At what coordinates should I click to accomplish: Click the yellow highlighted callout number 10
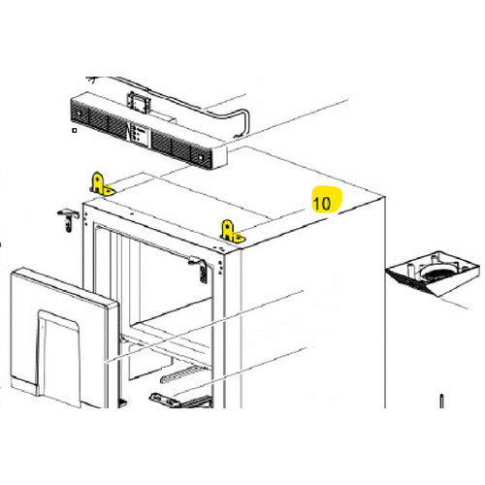coord(322,202)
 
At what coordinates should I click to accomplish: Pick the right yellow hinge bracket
coord(230,231)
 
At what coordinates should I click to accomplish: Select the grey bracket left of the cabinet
coord(67,218)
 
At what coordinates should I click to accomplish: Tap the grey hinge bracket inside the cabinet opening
coord(199,267)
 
